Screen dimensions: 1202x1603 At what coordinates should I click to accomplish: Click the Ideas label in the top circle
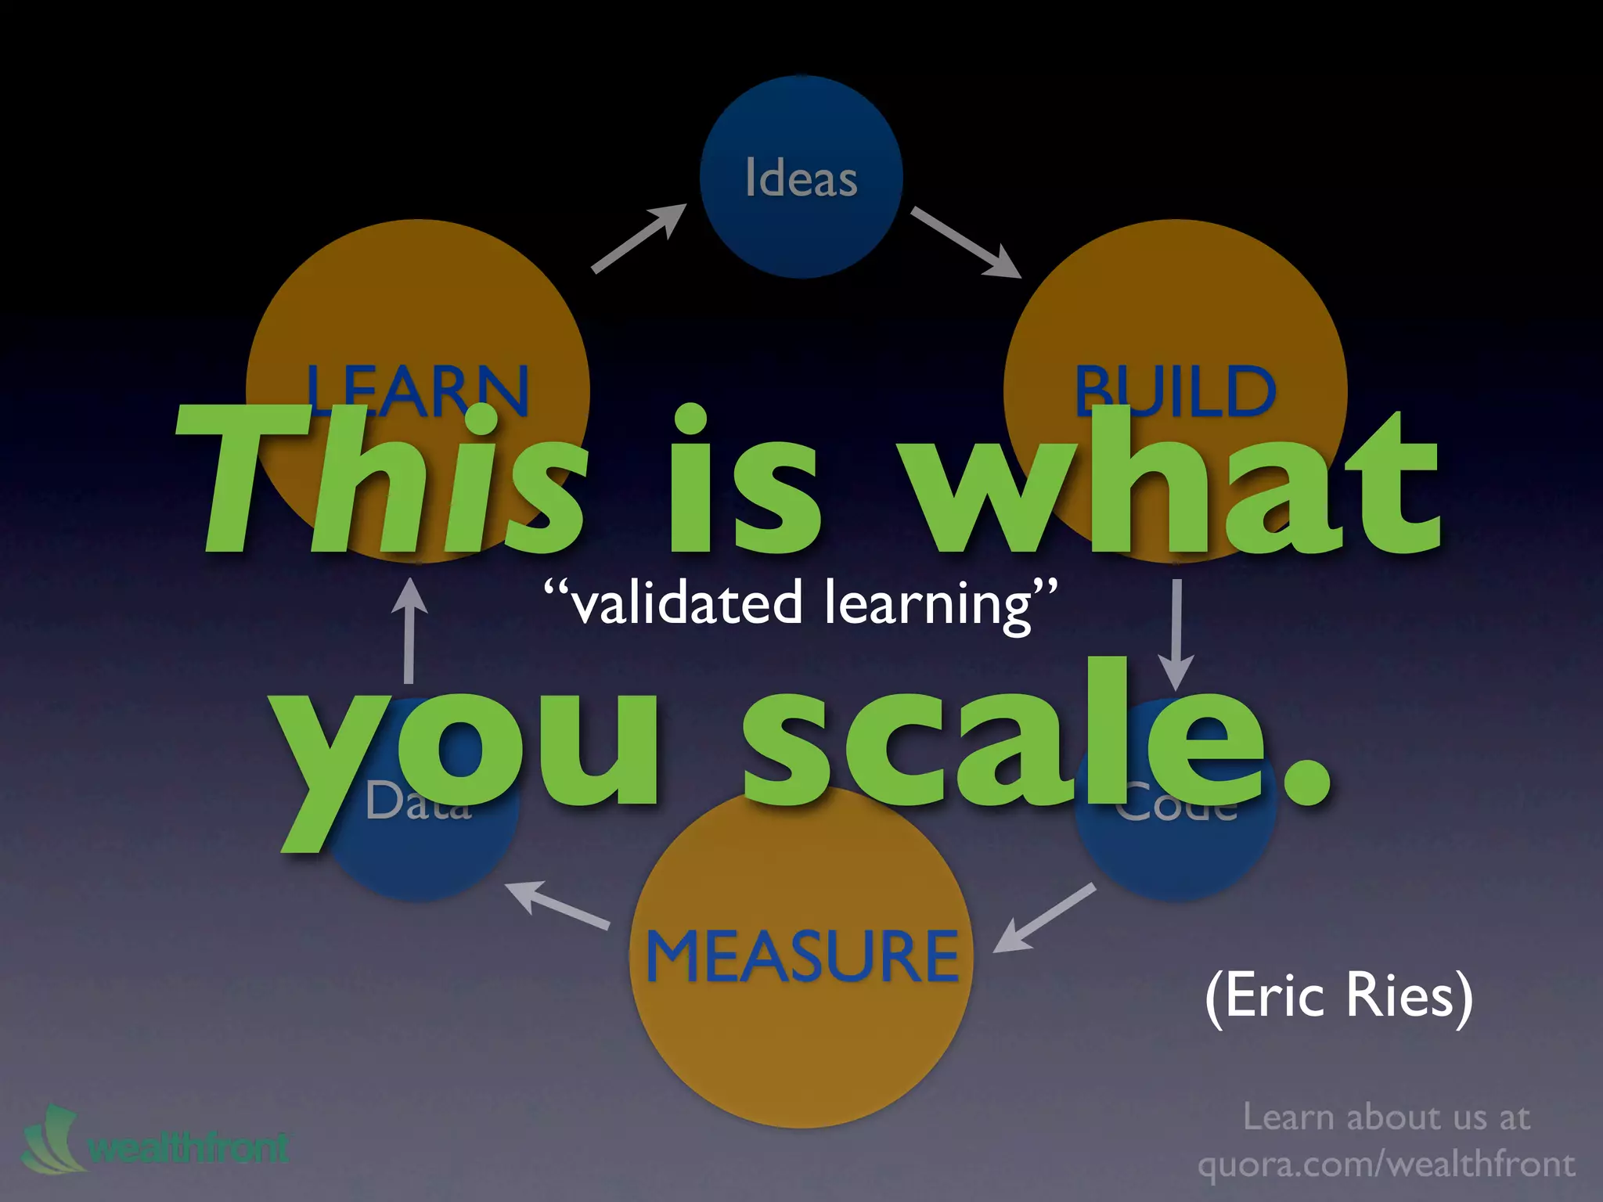coord(801,178)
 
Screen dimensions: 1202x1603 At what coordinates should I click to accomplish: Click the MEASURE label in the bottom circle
coord(801,956)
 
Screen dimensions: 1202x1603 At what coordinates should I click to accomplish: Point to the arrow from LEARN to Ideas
coord(638,238)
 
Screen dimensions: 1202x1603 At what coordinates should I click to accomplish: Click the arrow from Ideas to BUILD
coord(966,242)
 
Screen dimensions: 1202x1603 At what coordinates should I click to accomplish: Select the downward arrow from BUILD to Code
coord(1176,634)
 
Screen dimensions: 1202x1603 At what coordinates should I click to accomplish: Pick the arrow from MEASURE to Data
coord(557,905)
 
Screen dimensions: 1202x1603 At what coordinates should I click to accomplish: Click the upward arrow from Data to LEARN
coord(409,630)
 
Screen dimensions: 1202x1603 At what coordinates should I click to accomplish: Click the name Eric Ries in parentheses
coord(1339,995)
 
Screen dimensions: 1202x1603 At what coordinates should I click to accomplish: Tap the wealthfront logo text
coord(188,1148)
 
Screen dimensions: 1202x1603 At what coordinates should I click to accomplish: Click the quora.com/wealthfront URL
coord(1386,1164)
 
